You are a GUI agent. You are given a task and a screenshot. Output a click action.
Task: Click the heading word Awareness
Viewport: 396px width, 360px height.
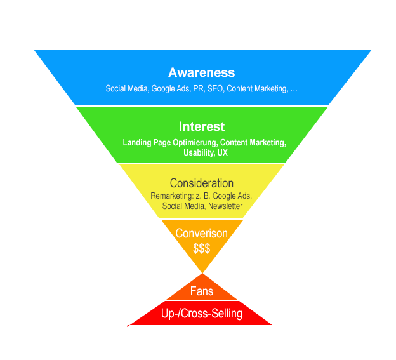(201, 72)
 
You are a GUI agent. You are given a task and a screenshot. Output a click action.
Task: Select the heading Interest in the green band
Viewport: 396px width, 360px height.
(202, 126)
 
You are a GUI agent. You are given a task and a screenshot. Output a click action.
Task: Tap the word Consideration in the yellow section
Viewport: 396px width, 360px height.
(202, 183)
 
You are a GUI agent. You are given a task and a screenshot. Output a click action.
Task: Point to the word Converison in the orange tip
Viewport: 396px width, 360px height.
(202, 233)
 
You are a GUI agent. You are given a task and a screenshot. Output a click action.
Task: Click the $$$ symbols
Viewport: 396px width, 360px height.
(202, 247)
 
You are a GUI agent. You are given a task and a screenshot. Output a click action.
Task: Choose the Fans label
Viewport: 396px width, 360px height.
(202, 291)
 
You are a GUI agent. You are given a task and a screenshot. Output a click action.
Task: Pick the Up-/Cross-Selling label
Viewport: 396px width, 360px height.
(202, 313)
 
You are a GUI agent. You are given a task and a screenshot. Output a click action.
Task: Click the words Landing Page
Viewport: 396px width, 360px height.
(143, 143)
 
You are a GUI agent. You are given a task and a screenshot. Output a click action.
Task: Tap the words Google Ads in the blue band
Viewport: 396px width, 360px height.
(171, 89)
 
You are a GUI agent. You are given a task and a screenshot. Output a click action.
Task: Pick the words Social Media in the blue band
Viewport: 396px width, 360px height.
(126, 89)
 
